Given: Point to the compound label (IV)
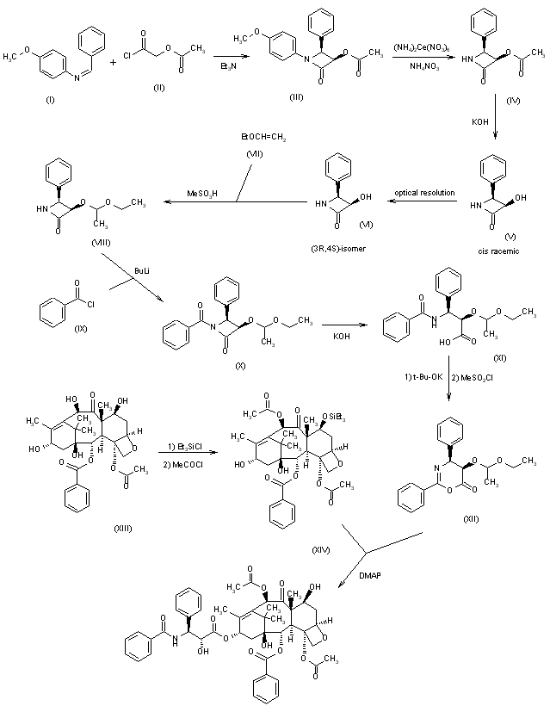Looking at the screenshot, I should [x=514, y=101].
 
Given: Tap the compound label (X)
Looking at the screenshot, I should [x=241, y=364].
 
